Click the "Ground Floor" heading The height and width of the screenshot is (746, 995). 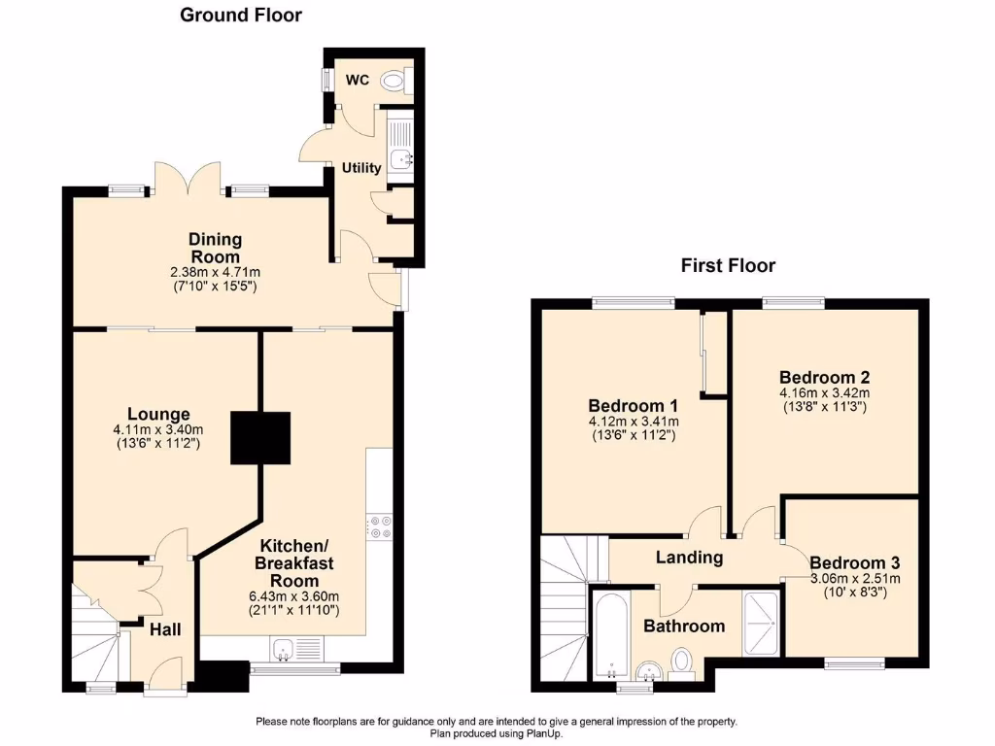241,15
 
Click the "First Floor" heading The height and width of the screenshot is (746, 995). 728,265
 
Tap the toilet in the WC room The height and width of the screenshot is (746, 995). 396,81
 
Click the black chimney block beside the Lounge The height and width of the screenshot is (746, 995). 260,437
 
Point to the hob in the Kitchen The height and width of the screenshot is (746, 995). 378,526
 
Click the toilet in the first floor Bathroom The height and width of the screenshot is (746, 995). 683,662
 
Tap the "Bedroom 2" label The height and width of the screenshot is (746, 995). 824,377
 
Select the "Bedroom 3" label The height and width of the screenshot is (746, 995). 854,562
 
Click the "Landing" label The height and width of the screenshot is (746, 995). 689,558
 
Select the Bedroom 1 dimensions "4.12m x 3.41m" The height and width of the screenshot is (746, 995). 633,422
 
